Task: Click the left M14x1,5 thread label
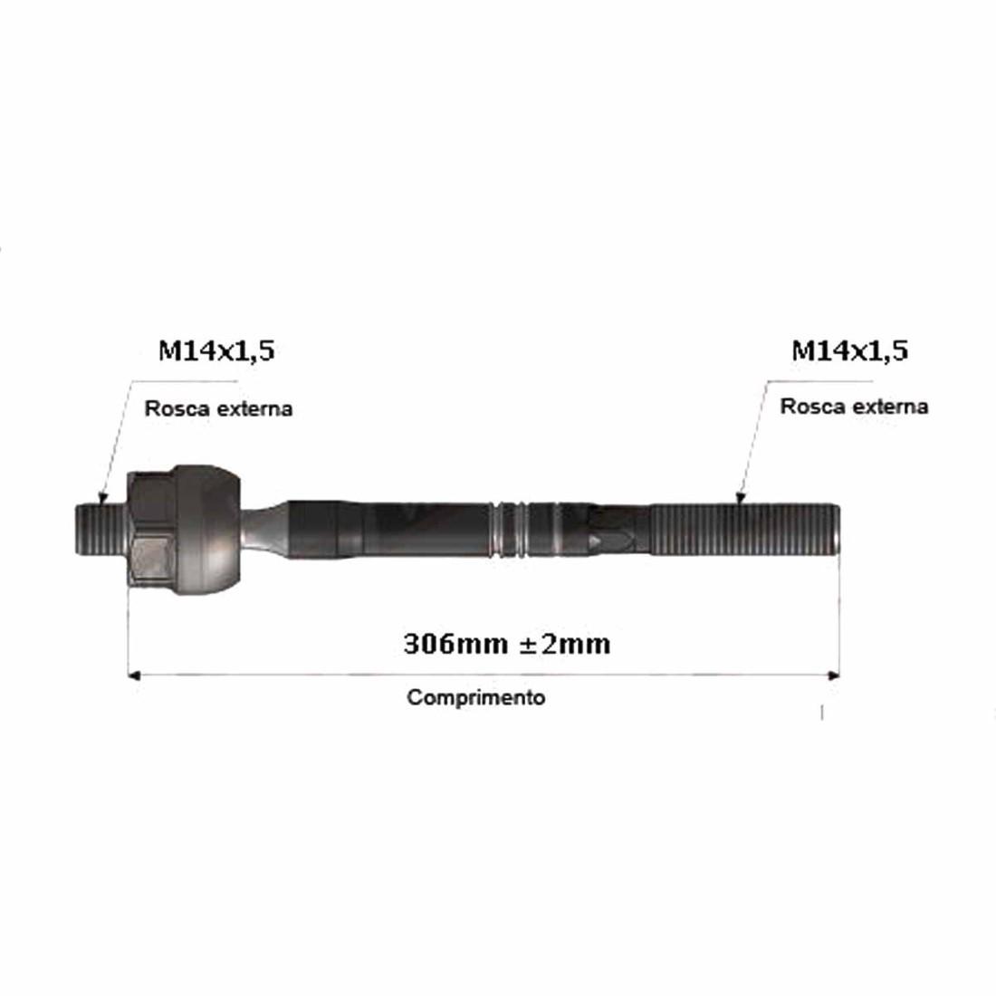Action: click(x=216, y=351)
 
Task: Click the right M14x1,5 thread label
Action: click(x=849, y=351)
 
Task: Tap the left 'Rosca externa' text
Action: click(x=218, y=408)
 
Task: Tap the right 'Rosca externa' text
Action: click(x=855, y=407)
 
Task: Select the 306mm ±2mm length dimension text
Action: click(x=507, y=644)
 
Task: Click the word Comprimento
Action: click(x=475, y=697)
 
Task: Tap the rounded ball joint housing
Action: click(x=207, y=531)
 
